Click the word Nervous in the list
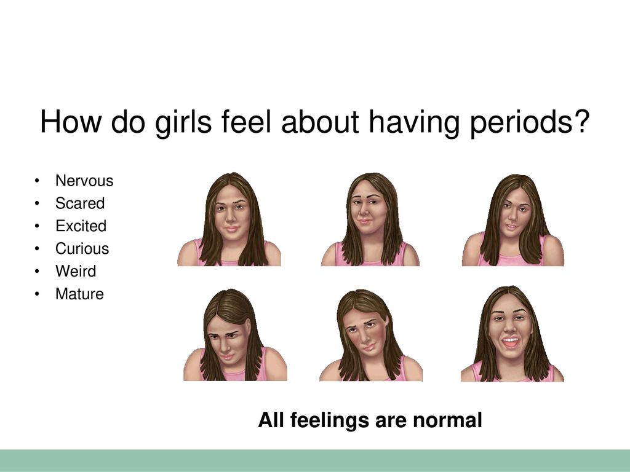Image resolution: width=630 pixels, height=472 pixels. coord(84,181)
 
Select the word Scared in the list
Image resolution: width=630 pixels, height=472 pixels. coord(80,203)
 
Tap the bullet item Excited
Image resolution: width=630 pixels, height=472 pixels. coord(81,226)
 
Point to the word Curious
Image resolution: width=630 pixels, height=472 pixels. coord(82,248)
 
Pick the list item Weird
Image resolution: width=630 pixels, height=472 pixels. coord(76,271)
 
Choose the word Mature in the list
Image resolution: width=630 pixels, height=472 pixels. coord(79,294)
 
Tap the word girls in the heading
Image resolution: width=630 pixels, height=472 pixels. coord(183,122)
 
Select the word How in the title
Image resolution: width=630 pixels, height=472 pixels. coord(71,122)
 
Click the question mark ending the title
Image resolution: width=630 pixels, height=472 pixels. coord(581,121)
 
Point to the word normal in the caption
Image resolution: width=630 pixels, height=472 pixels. coord(447,420)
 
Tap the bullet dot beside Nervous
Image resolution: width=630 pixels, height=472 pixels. coord(37,181)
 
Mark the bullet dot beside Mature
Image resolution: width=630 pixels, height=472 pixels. coord(37,294)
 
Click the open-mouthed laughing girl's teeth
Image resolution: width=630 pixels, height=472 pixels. coord(510,342)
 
